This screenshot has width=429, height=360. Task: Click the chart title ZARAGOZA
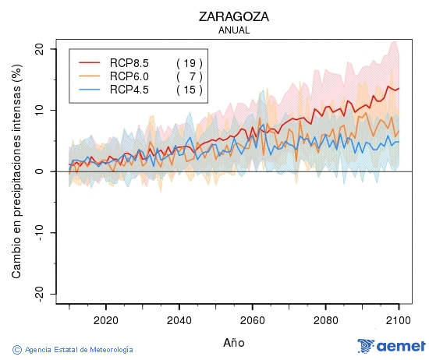pyautogui.click(x=234, y=16)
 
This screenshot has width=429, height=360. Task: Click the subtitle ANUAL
pyautogui.click(x=234, y=30)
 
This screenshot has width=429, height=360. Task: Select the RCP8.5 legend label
pyautogui.click(x=129, y=63)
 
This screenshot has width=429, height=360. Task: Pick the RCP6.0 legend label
pyautogui.click(x=129, y=76)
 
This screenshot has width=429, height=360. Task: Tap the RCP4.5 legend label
pyautogui.click(x=129, y=90)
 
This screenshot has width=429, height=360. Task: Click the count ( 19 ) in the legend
pyautogui.click(x=189, y=63)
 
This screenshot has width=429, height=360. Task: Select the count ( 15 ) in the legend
pyautogui.click(x=189, y=90)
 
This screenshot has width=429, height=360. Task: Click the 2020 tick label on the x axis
pyautogui.click(x=105, y=320)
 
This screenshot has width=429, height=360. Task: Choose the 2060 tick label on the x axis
pyautogui.click(x=253, y=320)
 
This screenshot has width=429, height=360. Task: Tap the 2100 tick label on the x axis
pyautogui.click(x=399, y=320)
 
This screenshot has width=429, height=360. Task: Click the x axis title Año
pyautogui.click(x=234, y=342)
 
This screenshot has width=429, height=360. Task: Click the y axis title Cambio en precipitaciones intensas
pyautogui.click(x=16, y=173)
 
